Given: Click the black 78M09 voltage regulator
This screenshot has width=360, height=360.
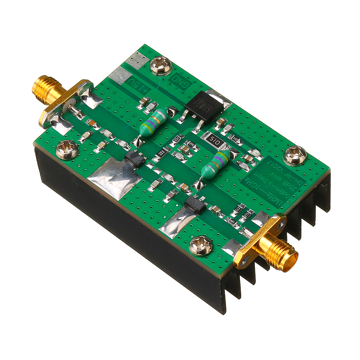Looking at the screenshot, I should point(203,107).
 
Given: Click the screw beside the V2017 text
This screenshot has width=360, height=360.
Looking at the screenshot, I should point(295,156).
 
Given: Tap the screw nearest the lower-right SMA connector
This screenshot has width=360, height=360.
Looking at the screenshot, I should point(201,246).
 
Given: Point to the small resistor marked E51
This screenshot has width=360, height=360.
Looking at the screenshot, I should point(177,140).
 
